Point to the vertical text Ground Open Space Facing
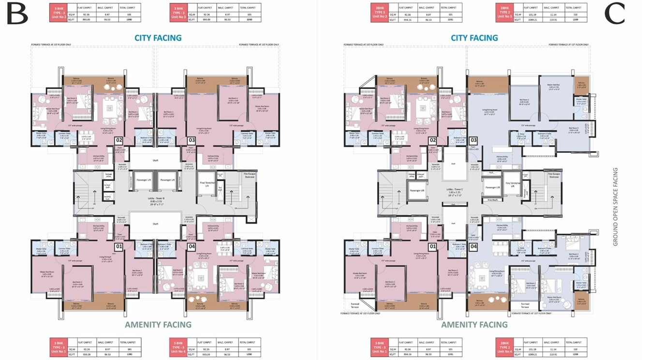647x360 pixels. coord(616,207)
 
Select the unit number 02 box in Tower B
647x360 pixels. coord(118,141)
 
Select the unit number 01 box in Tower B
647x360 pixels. coord(118,247)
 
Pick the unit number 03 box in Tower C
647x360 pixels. coord(473,141)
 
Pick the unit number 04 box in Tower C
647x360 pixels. coord(473,247)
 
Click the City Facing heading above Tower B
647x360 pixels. coord(158,38)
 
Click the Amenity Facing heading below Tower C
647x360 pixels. coord(474,325)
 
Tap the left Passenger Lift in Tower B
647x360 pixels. coord(142,180)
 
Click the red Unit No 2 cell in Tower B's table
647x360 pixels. coord(58,13)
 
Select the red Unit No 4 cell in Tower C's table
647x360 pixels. coord(504,347)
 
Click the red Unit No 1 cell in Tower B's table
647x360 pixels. coord(58,347)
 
